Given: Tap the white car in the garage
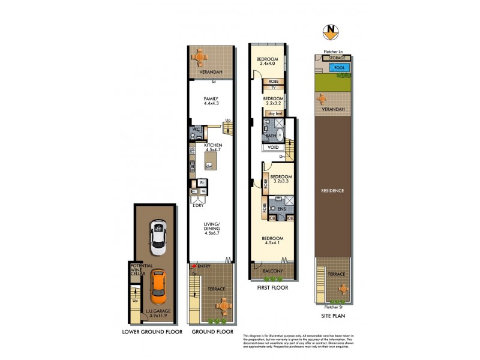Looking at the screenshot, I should [158, 236].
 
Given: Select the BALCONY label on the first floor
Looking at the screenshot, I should [272, 271].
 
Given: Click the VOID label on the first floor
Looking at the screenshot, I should [272, 147].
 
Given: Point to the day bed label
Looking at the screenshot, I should [275, 113].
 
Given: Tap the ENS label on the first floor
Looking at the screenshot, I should [281, 209].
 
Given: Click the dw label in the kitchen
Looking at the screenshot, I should [209, 166].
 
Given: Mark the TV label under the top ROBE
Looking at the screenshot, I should [273, 88].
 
